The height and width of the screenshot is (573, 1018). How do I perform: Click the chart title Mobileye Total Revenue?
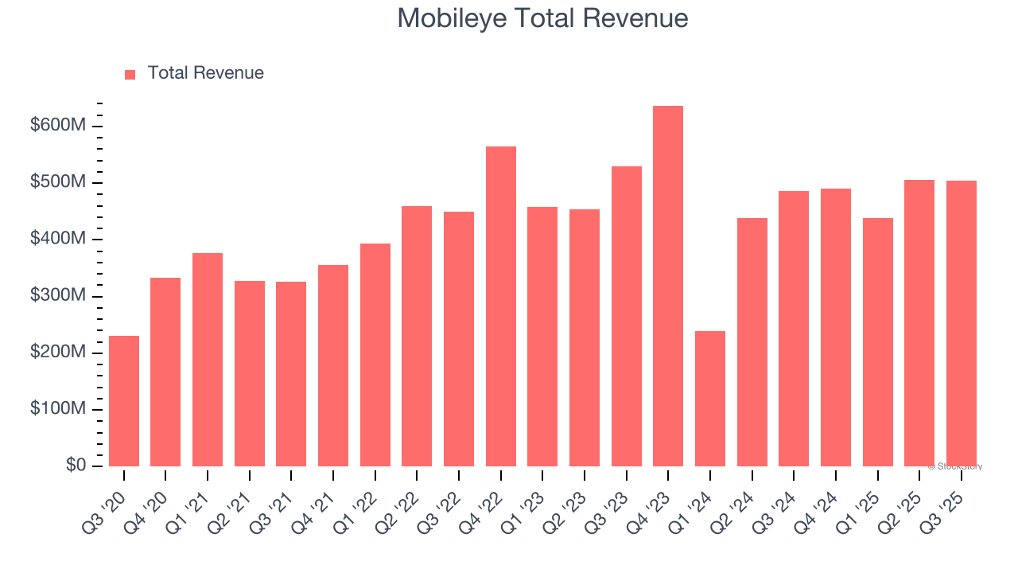542,18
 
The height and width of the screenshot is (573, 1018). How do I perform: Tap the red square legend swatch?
130,74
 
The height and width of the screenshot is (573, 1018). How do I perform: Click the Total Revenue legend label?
205,73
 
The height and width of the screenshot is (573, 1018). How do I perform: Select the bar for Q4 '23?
668,286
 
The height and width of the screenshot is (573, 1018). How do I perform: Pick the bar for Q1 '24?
709,399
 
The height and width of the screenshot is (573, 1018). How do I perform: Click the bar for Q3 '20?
124,401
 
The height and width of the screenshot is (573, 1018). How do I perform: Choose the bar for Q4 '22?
501,306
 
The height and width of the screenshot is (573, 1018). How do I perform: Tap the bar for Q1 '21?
208,360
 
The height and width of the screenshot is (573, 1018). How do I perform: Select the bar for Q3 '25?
961,323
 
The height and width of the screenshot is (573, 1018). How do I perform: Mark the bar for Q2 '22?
417,337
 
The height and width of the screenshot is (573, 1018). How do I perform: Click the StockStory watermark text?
955,466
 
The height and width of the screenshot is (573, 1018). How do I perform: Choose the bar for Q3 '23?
627,317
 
